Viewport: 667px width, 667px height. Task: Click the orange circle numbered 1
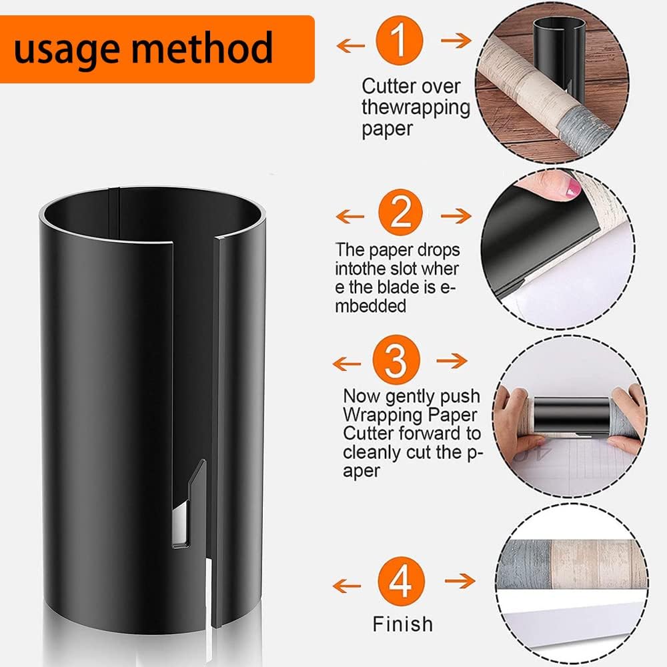[400, 42]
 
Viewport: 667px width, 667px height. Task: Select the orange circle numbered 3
[398, 361]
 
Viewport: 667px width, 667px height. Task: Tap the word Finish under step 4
[402, 624]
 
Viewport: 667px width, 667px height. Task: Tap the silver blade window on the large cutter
[180, 527]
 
